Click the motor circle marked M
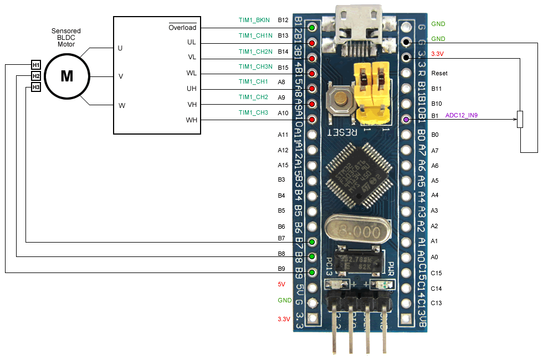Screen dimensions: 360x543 coord(66,76)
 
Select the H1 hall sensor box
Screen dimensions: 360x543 coord(36,65)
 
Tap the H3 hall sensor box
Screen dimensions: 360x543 coord(36,87)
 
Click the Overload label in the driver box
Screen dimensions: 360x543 coord(182,27)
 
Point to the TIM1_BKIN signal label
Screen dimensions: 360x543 coord(254,20)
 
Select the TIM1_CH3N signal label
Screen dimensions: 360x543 coord(255,66)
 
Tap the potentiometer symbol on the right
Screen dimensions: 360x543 coord(520,119)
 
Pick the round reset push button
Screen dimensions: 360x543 coord(340,100)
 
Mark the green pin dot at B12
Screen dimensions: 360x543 coord(313,28)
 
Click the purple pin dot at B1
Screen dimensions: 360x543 coord(406,119)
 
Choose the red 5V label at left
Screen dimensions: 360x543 coord(281,285)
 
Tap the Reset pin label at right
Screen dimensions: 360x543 coord(439,73)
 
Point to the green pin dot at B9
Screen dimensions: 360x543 coord(313,273)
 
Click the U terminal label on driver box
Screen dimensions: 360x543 coord(120,48)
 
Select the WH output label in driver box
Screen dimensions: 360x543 coord(191,120)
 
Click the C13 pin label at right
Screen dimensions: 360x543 coord(436,303)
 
